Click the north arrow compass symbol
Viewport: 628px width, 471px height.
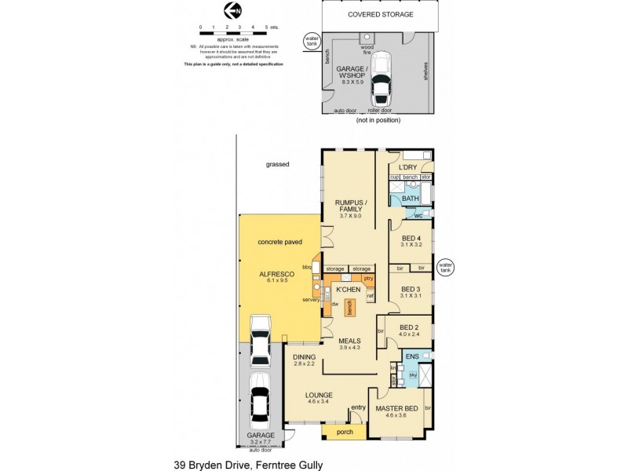[232, 10]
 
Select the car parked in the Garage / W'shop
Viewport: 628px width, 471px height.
[382, 78]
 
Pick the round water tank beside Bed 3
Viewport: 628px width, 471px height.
[445, 268]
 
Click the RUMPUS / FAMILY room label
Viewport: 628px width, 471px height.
[347, 206]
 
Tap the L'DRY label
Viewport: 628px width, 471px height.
[407, 168]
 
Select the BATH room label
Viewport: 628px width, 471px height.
[411, 199]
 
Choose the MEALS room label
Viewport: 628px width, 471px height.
[349, 341]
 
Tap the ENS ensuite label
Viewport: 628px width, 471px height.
[411, 356]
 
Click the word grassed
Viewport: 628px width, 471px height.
[277, 164]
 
